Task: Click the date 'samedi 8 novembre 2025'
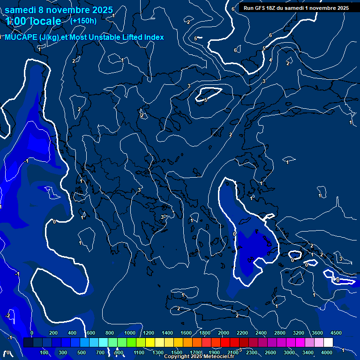pyautogui.click(x=59, y=10)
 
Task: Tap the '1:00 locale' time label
pyautogui.click(x=33, y=21)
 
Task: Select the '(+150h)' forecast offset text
pyautogui.click(x=83, y=21)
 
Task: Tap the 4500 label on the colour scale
pyautogui.click(x=336, y=333)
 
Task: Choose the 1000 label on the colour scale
pyautogui.click(x=129, y=333)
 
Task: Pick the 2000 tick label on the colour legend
pyautogui.click(x=223, y=333)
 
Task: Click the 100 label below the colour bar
pyautogui.click(x=45, y=352)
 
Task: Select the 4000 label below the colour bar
pyautogui.click(x=327, y=352)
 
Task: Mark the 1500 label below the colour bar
pyautogui.click(x=177, y=352)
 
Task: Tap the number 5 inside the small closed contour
pyautogui.click(x=205, y=100)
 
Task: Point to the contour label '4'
pyautogui.click(x=270, y=60)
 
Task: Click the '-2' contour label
pyautogui.click(x=7, y=315)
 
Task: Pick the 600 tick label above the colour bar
pyautogui.click(x=91, y=333)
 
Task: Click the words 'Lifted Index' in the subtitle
pyautogui.click(x=141, y=37)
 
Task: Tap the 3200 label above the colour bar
pyautogui.click(x=299, y=333)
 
